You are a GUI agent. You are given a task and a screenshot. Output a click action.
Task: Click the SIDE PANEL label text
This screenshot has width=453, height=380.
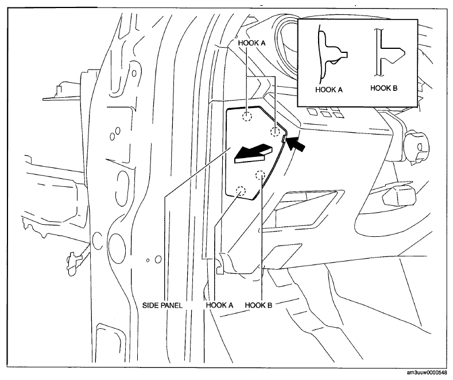(162, 305)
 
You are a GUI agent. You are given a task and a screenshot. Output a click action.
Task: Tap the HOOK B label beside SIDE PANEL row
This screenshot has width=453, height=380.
(258, 305)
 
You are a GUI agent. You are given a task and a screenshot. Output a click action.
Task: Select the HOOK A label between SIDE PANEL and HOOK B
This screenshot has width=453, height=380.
(219, 305)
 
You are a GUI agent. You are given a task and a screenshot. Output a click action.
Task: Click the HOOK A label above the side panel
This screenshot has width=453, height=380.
(251, 43)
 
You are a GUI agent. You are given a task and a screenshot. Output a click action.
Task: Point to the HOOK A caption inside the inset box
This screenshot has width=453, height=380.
(329, 90)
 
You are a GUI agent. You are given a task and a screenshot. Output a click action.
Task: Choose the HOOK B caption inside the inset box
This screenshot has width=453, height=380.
(384, 88)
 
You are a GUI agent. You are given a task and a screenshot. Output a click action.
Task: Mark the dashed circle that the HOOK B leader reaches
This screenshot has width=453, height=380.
(260, 175)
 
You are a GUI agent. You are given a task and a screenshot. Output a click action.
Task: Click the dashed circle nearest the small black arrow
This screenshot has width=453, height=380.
(275, 132)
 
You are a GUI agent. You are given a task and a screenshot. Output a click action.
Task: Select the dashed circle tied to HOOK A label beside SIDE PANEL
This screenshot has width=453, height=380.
(241, 191)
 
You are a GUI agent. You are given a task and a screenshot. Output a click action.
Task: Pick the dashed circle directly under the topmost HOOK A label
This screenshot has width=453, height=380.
(247, 117)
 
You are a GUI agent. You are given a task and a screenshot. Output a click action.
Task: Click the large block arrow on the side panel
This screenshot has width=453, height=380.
(253, 153)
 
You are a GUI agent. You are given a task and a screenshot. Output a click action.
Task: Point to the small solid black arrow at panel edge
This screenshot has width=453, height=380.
(295, 144)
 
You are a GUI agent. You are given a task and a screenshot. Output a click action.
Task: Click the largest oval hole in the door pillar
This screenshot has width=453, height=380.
(117, 248)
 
